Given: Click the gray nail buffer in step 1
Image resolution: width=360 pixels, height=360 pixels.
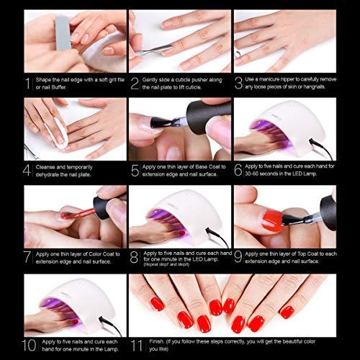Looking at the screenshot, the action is pyautogui.click(x=63, y=32).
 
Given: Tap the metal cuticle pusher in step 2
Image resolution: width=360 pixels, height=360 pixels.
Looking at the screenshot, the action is pyautogui.click(x=153, y=50).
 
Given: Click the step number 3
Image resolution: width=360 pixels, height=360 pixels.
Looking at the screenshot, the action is pyautogui.click(x=238, y=83).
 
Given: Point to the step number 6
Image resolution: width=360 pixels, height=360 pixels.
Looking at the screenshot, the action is pyautogui.click(x=238, y=170).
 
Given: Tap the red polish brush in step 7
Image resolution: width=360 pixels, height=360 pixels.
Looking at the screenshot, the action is pyautogui.click(x=78, y=214).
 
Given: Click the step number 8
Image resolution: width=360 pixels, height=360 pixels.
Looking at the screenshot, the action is pyautogui.click(x=134, y=257).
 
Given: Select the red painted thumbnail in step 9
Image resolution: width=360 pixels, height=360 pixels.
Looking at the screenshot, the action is pyautogui.click(x=272, y=220).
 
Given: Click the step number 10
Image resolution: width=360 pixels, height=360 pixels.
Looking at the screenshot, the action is pyautogui.click(x=29, y=346).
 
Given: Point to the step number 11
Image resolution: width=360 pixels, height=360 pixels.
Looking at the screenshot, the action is pyautogui.click(x=137, y=346).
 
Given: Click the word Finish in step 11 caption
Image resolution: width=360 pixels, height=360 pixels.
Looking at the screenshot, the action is pyautogui.click(x=156, y=341).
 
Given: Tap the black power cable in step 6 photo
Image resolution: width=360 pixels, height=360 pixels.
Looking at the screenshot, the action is pyautogui.click(x=321, y=149).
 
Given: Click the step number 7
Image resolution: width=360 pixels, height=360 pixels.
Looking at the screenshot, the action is pyautogui.click(x=27, y=257).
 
